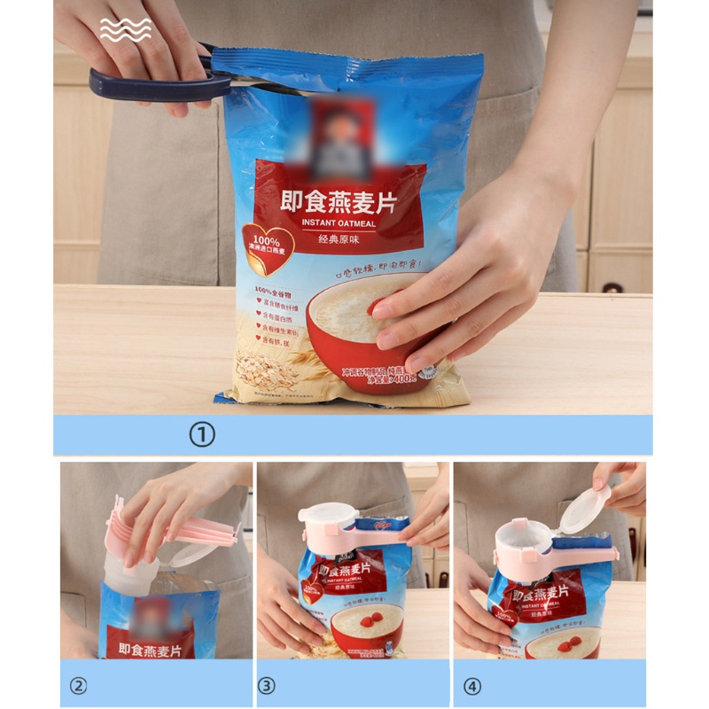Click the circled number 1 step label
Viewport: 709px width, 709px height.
(x=203, y=435)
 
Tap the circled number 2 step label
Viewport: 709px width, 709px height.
(x=79, y=685)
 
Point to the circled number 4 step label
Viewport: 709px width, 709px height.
(x=473, y=685)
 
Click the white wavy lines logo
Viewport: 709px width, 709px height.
(x=125, y=30)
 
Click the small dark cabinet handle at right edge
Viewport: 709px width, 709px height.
(x=612, y=287)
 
